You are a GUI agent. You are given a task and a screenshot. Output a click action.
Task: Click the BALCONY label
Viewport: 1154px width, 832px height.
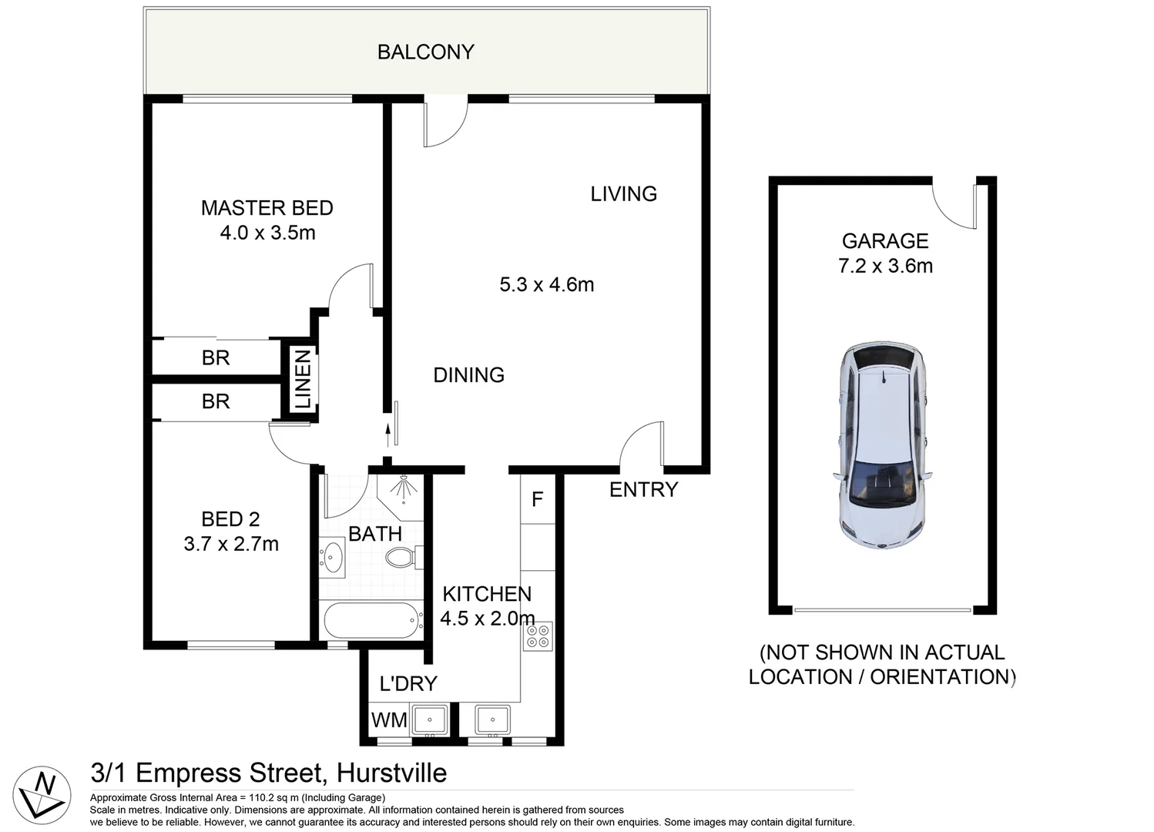pyautogui.click(x=425, y=52)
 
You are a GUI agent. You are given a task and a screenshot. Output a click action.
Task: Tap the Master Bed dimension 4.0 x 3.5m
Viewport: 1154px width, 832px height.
pyautogui.click(x=267, y=233)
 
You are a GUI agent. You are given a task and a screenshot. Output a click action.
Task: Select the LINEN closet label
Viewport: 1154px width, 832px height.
pyautogui.click(x=303, y=379)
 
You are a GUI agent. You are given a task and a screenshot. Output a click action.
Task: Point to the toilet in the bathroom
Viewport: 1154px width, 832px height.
pyautogui.click(x=401, y=557)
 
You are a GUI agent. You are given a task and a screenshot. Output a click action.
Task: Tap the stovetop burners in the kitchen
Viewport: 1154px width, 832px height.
pyautogui.click(x=538, y=636)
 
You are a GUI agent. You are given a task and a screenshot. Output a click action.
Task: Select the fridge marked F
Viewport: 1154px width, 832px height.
pyautogui.click(x=537, y=499)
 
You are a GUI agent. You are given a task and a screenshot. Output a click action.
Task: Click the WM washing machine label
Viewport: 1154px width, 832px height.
pyautogui.click(x=389, y=720)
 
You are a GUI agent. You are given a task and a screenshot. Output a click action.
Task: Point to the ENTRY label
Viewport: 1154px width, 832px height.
pyautogui.click(x=643, y=489)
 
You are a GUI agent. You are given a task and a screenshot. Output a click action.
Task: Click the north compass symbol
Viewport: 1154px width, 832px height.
pyautogui.click(x=42, y=793)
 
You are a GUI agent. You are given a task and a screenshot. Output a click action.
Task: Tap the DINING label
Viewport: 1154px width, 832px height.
pyautogui.click(x=468, y=375)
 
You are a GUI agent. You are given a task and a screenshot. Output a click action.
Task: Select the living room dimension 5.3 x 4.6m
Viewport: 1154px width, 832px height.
pyautogui.click(x=546, y=285)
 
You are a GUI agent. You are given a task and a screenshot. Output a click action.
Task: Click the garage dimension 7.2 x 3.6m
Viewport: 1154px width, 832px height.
pyautogui.click(x=885, y=267)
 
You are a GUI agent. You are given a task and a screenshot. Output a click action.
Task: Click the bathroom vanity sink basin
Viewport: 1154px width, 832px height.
pyautogui.click(x=334, y=557)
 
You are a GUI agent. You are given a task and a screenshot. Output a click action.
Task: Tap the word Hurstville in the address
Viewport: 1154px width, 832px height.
pyautogui.click(x=392, y=773)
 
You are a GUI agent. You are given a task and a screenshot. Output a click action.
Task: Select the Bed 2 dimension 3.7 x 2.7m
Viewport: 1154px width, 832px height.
pyautogui.click(x=231, y=545)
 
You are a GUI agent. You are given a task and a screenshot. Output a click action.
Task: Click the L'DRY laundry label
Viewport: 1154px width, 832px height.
pyautogui.click(x=408, y=683)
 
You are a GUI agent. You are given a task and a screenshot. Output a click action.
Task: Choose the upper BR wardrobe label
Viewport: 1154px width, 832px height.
pyautogui.click(x=216, y=357)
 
